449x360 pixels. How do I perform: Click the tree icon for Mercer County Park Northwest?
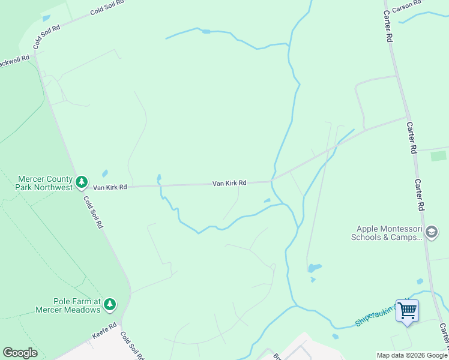click(x=82, y=181)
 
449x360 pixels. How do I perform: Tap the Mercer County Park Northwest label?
click(x=45, y=183)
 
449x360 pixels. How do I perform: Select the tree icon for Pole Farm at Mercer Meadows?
click(x=109, y=304)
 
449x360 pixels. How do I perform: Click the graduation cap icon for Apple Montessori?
click(x=431, y=232)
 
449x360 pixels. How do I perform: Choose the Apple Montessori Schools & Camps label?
click(x=389, y=233)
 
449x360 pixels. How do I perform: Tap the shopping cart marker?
click(x=407, y=311)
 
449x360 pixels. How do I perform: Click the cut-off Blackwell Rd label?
click(x=14, y=61)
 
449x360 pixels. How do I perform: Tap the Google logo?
click(x=20, y=353)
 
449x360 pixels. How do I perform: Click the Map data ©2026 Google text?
click(x=412, y=355)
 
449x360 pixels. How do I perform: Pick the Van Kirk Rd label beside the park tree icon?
click(x=110, y=187)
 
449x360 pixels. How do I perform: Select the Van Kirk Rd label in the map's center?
click(x=229, y=183)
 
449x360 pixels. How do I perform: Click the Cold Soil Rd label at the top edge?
click(x=107, y=8)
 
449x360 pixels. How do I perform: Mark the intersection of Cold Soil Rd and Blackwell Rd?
click(x=34, y=53)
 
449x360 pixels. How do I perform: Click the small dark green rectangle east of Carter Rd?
click(x=438, y=156)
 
